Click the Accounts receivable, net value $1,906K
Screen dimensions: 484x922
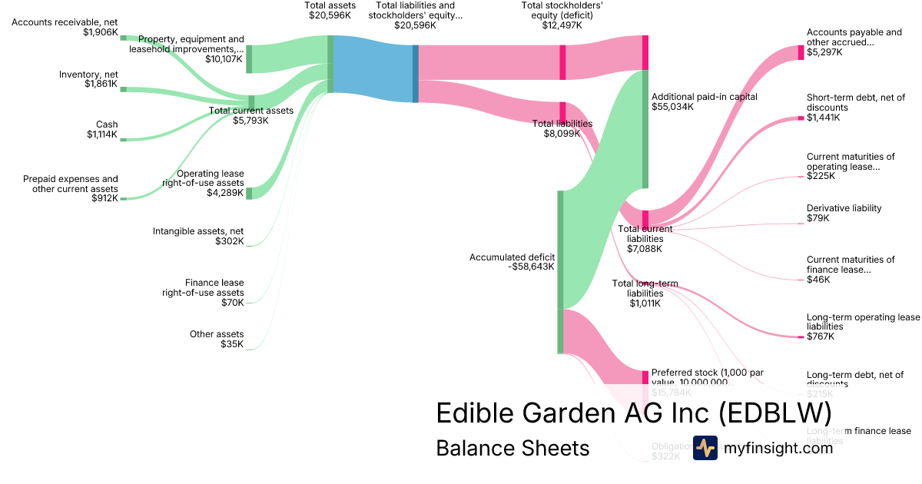(x=100, y=33)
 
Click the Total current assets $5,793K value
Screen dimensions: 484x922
(x=251, y=121)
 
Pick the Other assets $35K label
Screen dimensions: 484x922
(x=217, y=339)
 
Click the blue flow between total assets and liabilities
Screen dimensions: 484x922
(x=373, y=69)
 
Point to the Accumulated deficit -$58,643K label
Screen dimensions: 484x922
(x=512, y=262)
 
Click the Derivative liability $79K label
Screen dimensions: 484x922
(x=844, y=213)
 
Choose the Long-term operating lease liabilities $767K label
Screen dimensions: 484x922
(x=862, y=327)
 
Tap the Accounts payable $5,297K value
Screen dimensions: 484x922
(x=824, y=52)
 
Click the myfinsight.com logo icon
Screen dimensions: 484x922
(x=705, y=448)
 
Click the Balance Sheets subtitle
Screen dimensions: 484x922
(x=512, y=448)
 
